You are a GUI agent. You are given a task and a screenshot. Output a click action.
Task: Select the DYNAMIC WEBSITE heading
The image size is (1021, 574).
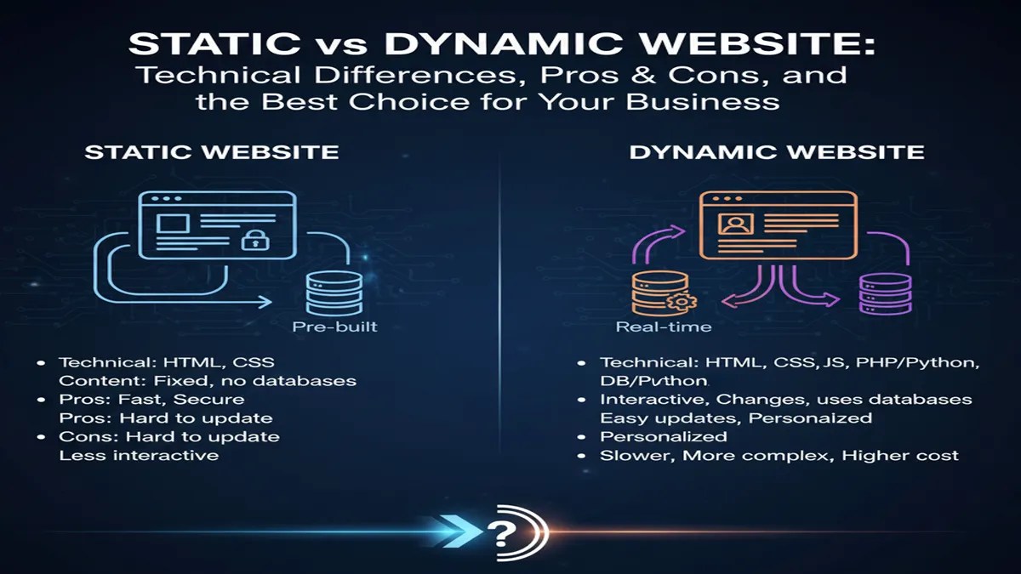point(776,152)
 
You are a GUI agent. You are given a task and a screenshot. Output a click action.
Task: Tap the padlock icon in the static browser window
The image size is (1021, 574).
point(254,240)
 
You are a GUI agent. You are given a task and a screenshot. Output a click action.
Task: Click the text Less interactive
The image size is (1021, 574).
point(138,456)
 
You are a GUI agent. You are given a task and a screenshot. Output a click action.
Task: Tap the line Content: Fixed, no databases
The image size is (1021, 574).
point(207,381)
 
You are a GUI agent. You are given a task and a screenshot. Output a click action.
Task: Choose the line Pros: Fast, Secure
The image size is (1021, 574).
point(151,400)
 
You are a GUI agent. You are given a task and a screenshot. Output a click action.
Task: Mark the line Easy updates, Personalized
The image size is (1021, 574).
point(736,418)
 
